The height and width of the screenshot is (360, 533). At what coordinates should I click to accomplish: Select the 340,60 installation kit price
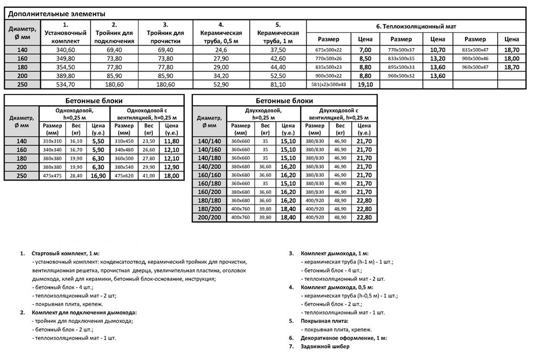[66, 50]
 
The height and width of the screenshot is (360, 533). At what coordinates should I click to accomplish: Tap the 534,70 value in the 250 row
[66, 84]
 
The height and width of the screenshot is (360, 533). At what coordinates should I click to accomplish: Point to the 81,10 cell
[278, 84]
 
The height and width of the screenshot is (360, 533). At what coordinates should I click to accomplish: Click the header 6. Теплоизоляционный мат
[416, 26]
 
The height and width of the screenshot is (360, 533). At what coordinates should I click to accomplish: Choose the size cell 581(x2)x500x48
[328, 84]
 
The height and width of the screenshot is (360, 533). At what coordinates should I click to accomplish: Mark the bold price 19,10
[365, 84]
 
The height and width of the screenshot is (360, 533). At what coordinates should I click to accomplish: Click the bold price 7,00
[365, 50]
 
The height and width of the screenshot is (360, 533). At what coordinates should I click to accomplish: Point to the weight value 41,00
[148, 175]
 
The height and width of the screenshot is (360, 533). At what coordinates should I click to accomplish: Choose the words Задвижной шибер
[325, 346]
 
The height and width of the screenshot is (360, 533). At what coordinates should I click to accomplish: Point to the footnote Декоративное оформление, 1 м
[343, 338]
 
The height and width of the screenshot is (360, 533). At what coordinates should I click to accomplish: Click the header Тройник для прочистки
[165, 33]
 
